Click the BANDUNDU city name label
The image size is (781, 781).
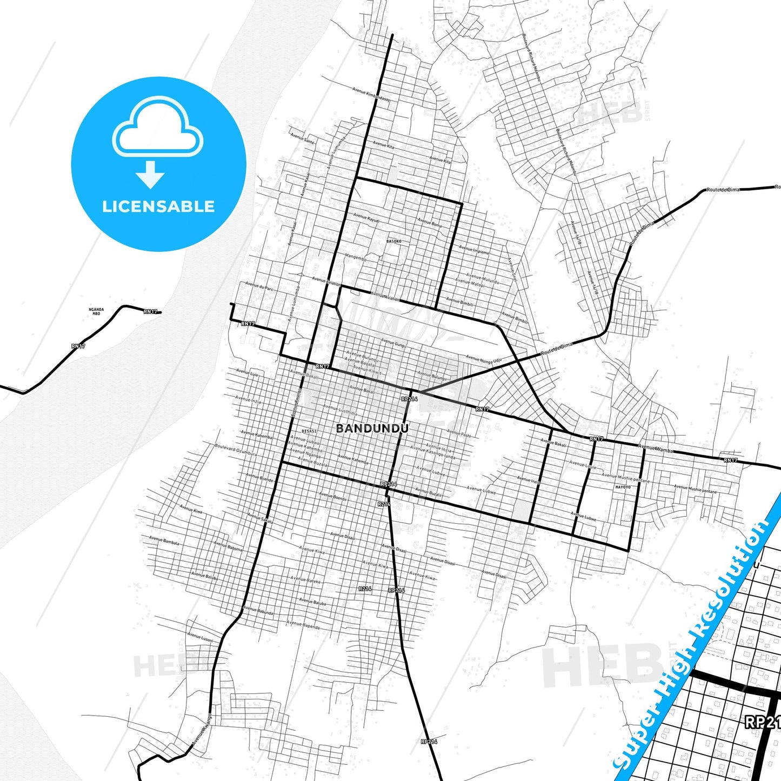pos(372,429)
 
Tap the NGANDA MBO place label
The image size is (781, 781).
pos(96,312)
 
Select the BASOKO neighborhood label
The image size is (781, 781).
pos(394,241)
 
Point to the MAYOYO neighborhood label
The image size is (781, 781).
pos(623,487)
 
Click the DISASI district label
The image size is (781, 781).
pos(309,431)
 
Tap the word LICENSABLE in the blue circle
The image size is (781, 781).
pos(158,206)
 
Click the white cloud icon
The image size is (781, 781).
pos(157,127)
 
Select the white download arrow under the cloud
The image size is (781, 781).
pos(150,174)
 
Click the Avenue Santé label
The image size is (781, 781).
pos(303,138)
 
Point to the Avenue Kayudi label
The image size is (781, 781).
pos(366,218)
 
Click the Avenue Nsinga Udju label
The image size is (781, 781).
pos(484,359)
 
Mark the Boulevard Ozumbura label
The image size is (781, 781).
pos(236,450)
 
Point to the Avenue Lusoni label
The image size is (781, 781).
pos(200,637)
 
